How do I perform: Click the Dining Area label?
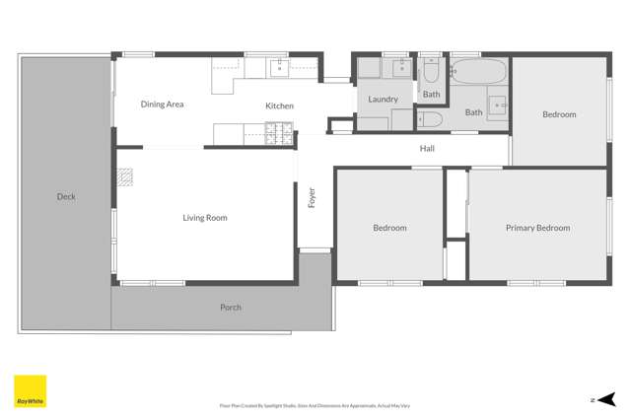[162, 104]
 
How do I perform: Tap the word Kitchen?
[279, 105]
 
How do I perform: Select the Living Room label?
[205, 218]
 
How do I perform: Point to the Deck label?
[66, 197]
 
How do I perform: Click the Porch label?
[230, 308]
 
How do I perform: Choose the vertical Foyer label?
[312, 197]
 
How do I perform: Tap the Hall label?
[427, 149]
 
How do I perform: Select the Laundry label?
[383, 100]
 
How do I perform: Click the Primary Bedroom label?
[537, 228]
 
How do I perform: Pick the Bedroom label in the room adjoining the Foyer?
[389, 228]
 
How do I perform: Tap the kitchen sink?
[279, 67]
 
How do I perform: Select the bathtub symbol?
[478, 72]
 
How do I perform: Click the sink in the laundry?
[401, 68]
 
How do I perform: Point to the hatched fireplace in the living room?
[124, 177]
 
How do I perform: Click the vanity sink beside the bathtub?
[498, 104]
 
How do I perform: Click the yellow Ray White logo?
[30, 390]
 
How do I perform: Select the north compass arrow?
[604, 399]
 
